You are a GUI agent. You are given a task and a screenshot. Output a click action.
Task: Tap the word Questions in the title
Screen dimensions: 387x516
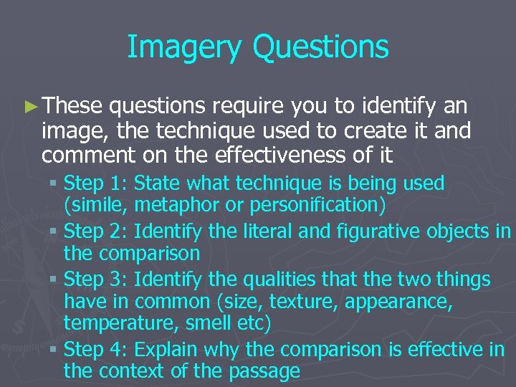[322, 47]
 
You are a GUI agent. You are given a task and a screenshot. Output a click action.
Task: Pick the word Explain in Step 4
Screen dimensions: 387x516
[168, 349]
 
